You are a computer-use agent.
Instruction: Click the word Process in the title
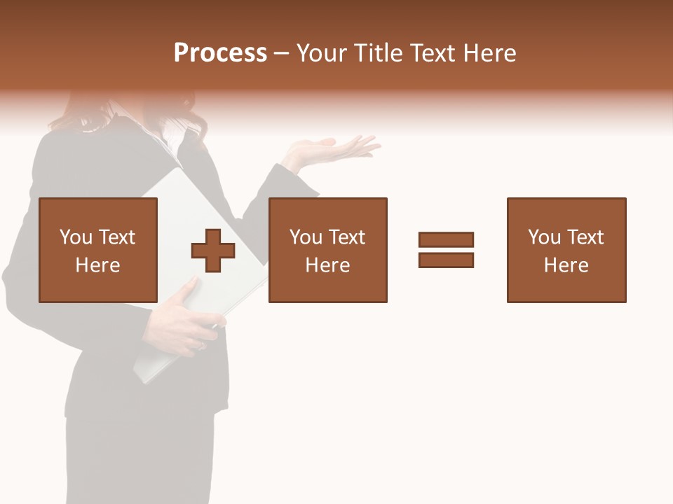[x=220, y=53]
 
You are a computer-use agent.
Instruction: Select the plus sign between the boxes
[x=213, y=250]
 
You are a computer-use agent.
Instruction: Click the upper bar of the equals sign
[x=446, y=240]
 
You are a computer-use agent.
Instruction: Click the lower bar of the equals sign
[x=446, y=260]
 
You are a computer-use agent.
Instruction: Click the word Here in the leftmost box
[x=97, y=265]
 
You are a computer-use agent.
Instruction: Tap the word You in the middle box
[x=306, y=237]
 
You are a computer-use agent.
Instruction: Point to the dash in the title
[x=282, y=53]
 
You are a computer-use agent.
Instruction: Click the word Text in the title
[x=434, y=53]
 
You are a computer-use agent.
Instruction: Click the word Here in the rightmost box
[x=566, y=265]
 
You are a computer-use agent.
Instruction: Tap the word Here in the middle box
[x=327, y=265]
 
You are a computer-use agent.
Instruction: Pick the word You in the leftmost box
[x=76, y=237]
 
